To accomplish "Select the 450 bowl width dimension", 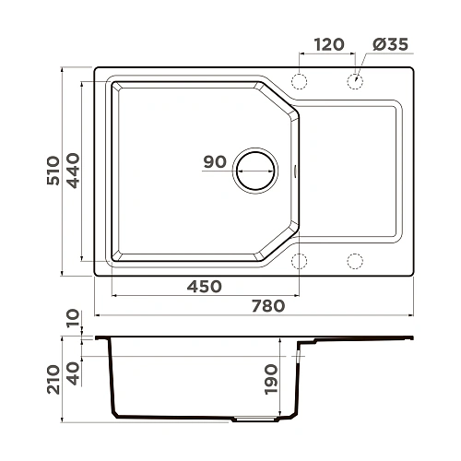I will tap(204, 286).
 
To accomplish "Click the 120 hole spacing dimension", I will tap(328, 44).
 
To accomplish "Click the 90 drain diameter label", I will tap(215, 162).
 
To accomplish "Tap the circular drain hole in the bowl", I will tap(254, 170).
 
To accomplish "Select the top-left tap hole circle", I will tap(299, 81).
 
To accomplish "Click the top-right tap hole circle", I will tap(355, 81).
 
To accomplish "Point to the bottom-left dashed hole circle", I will tap(299, 259).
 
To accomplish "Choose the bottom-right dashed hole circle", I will tap(355, 259).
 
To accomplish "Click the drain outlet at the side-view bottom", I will tap(254, 418).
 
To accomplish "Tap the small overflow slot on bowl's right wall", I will tap(295, 170).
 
